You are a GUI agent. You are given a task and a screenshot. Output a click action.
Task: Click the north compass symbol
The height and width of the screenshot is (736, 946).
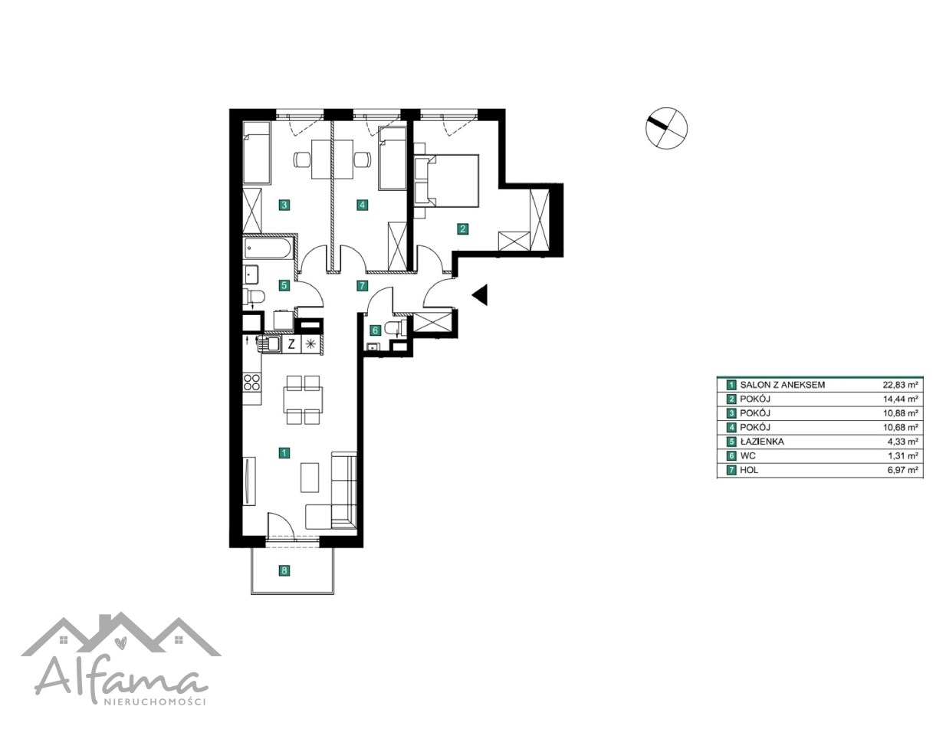666,128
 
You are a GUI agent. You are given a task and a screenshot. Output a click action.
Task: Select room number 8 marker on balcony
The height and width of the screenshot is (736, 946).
284,570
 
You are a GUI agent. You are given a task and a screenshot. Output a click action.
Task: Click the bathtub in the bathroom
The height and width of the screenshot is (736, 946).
268,248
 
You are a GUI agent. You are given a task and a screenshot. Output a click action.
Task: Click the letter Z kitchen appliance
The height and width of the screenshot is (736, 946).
291,343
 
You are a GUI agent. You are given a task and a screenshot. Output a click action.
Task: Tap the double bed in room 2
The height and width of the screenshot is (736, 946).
447,180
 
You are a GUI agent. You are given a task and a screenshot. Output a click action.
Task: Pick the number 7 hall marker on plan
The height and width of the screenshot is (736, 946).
362,286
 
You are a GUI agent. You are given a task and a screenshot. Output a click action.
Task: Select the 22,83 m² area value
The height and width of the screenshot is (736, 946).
900,385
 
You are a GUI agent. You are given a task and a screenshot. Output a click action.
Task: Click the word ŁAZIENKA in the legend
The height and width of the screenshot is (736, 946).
762,442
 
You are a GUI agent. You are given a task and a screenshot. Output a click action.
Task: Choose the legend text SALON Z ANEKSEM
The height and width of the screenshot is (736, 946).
782,385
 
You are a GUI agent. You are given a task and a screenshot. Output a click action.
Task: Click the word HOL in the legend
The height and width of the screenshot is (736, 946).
749,470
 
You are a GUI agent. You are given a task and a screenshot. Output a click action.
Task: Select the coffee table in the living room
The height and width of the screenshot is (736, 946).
310,478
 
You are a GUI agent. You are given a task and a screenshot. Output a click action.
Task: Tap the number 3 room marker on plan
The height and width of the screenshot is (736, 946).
284,205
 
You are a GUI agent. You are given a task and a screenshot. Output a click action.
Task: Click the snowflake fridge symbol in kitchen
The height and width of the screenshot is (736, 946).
310,343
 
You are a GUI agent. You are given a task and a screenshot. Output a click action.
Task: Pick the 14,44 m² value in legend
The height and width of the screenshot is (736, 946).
900,399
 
